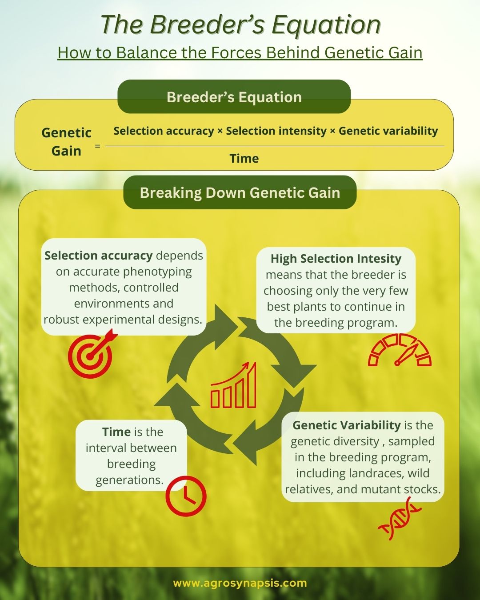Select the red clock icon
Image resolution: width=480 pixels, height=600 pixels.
[186, 496]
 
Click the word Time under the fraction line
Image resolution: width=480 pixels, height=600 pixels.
[244, 158]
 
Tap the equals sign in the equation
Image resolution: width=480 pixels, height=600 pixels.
[97, 145]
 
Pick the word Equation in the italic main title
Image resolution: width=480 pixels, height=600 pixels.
[326, 25]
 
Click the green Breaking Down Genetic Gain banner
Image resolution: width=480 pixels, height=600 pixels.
[240, 192]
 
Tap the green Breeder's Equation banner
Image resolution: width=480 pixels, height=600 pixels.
[234, 97]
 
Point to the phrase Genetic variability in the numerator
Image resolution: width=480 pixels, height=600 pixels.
[388, 131]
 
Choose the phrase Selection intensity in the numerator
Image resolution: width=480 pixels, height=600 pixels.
[276, 131]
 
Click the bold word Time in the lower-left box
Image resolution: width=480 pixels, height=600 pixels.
[116, 432]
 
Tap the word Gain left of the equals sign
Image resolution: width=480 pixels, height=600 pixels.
[66, 151]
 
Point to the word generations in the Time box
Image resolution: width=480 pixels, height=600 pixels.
[130, 480]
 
